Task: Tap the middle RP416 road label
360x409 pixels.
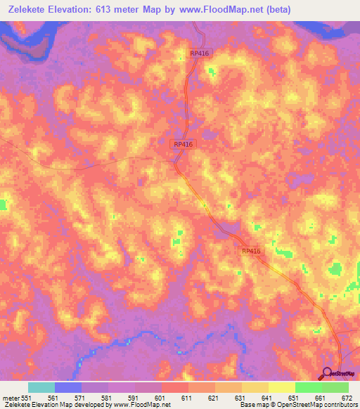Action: [x=183, y=144]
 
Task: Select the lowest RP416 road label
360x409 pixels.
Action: [x=251, y=250]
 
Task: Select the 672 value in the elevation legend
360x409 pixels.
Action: [x=347, y=397]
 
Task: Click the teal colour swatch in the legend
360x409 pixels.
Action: [x=41, y=387]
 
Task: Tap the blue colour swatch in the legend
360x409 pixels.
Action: [x=67, y=387]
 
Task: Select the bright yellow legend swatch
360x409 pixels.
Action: [x=281, y=387]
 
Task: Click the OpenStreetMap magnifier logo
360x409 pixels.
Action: [x=328, y=375]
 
